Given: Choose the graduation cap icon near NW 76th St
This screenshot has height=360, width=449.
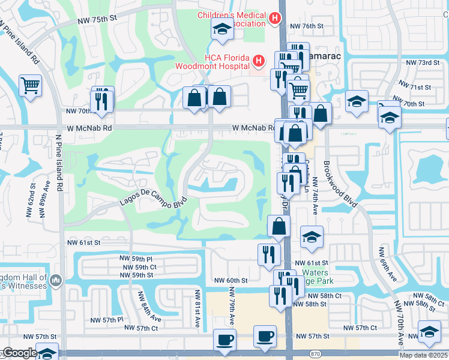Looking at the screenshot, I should point(221,28).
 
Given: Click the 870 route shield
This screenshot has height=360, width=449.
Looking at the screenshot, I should point(316,354).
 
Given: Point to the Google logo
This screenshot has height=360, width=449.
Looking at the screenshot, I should point(19,353).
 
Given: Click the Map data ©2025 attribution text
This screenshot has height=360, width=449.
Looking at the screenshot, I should point(423,355).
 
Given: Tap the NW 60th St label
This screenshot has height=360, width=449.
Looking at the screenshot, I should point(231,280).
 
